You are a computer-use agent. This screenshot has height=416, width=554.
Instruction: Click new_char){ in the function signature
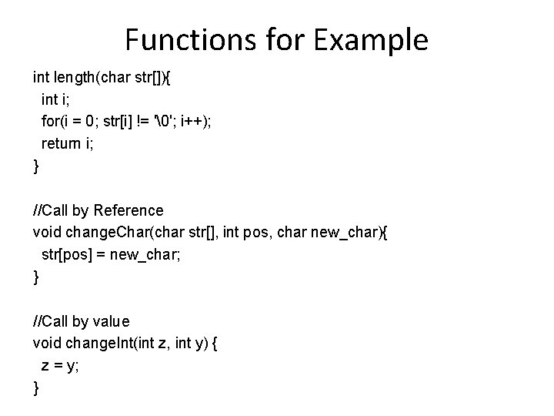click(347, 232)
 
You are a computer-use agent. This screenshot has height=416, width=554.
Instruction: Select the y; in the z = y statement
click(74, 365)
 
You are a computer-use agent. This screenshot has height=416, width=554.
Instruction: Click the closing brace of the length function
click(35, 166)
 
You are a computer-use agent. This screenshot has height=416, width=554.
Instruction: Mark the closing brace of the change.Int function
click(35, 387)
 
